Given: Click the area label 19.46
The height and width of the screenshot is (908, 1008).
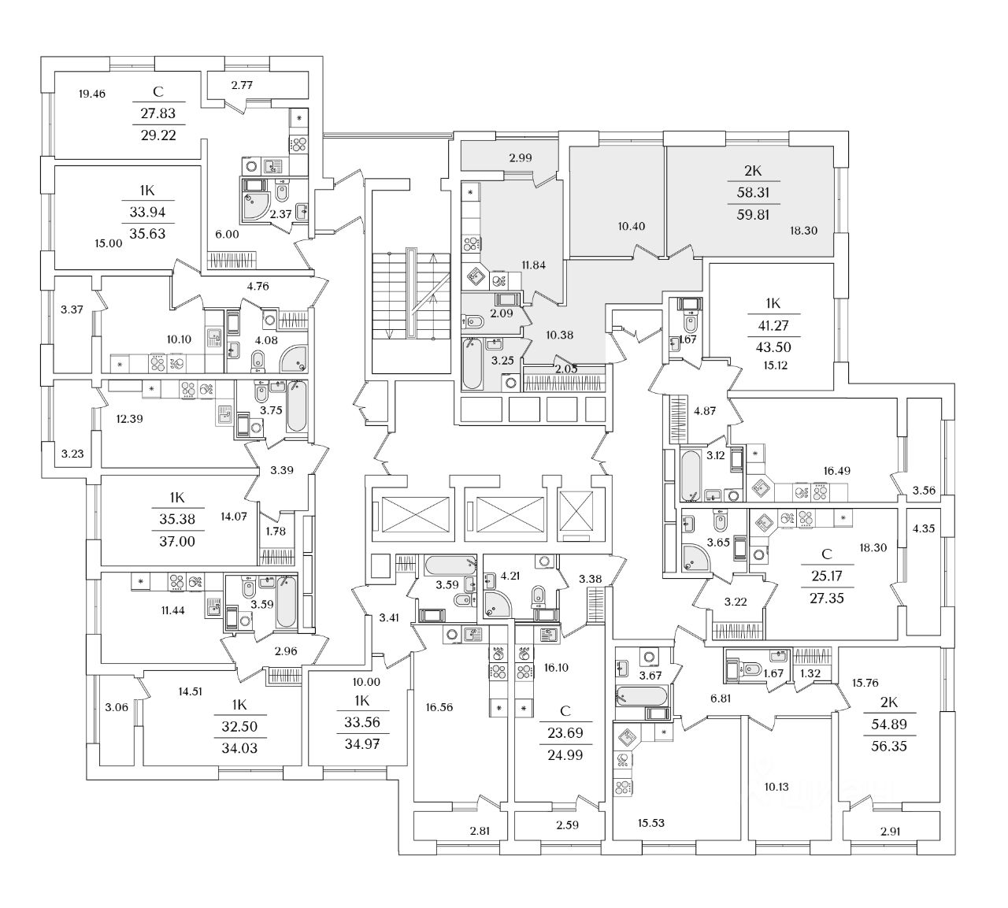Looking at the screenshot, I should point(92,94).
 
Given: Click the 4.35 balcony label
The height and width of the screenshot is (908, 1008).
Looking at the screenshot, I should point(924,528).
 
